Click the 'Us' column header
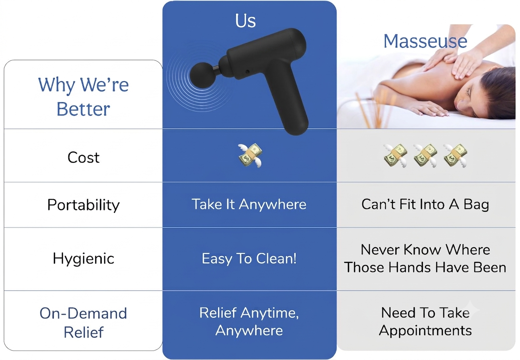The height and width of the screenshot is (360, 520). (245, 21)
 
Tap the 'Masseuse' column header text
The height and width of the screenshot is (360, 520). (425, 41)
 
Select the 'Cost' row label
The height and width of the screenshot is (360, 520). (84, 157)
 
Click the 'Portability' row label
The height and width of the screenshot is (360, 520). (83, 205)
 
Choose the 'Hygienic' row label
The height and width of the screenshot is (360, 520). (83, 259)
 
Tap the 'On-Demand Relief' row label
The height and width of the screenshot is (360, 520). (83, 322)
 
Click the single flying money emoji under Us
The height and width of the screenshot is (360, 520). (250, 155)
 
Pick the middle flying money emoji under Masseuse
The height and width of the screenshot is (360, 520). (425, 155)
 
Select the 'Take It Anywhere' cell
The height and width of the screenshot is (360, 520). (249, 204)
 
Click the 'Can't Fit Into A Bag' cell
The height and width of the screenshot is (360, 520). (425, 205)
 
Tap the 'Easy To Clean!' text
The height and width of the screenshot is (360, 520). (249, 259)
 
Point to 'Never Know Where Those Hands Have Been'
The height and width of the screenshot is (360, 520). (425, 258)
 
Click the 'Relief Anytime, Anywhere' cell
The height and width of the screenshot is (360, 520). (249, 322)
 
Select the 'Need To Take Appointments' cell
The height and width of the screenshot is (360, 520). (425, 322)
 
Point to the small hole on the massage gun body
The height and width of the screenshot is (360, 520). (247, 72)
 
